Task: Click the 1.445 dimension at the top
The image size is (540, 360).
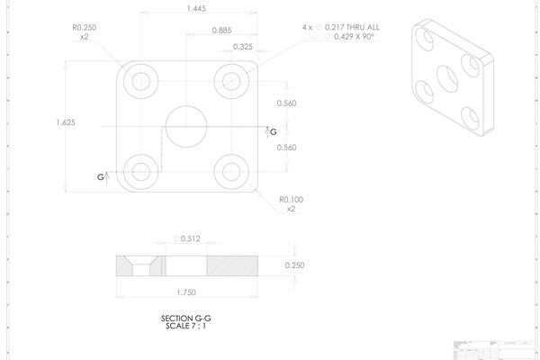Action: click(193, 8)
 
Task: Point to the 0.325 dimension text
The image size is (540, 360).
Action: click(242, 46)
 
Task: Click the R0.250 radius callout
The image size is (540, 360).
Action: click(84, 32)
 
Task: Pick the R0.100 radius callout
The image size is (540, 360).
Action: click(291, 203)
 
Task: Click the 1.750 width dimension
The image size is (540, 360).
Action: click(187, 292)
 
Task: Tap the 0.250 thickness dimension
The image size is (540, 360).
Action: click(295, 265)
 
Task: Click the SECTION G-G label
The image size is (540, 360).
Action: click(185, 319)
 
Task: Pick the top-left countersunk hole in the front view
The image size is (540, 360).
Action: click(140, 81)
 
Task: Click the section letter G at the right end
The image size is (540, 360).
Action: click(274, 132)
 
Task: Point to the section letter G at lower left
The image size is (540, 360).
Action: click(101, 177)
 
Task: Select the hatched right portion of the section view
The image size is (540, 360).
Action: click(232, 265)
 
